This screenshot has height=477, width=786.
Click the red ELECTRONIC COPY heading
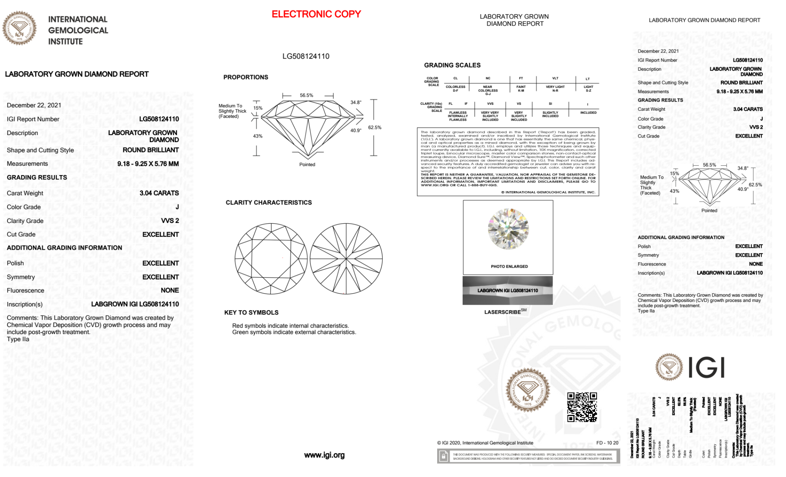(x=316, y=14)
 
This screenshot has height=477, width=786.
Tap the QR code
(x=582, y=407)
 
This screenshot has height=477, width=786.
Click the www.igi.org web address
(x=324, y=455)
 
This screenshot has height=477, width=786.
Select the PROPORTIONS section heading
(x=246, y=77)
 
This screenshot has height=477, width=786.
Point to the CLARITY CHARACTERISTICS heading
(x=269, y=203)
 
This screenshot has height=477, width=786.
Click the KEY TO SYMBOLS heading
(x=251, y=313)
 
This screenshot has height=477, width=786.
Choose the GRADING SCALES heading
(x=452, y=65)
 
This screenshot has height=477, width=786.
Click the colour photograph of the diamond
(x=508, y=229)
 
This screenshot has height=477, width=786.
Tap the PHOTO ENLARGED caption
(x=509, y=267)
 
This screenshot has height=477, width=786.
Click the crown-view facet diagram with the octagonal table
(x=271, y=259)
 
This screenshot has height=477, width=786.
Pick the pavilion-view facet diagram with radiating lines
(x=346, y=259)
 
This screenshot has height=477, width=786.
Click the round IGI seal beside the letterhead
(x=19, y=28)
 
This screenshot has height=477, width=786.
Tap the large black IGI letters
(x=706, y=368)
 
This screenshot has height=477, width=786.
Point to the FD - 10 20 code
(x=607, y=443)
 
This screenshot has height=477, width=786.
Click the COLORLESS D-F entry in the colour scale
(x=455, y=89)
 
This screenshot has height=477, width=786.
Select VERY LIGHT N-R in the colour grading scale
(x=555, y=89)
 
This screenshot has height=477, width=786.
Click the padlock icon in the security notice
(x=443, y=456)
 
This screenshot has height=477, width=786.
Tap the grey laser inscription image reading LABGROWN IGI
(x=508, y=291)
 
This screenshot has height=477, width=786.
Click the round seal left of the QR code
(x=528, y=389)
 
